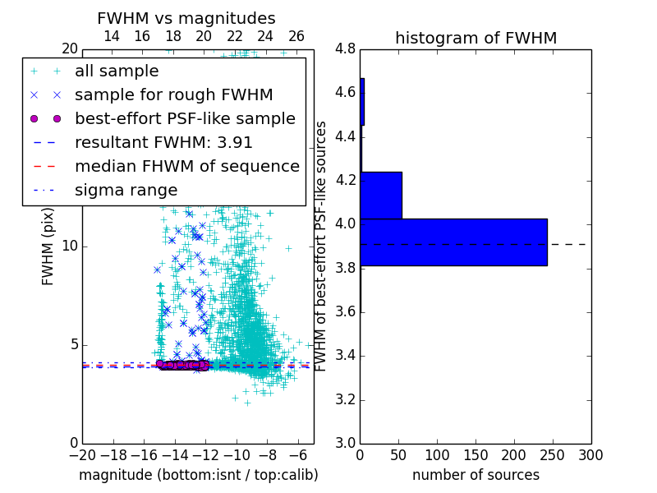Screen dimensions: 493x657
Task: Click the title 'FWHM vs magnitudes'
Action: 186,18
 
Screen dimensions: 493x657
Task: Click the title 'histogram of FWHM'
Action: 476,38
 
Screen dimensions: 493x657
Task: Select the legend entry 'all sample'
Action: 117,71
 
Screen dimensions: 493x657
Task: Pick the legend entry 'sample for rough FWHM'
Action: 173,94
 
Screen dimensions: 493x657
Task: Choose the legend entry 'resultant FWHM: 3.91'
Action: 163,142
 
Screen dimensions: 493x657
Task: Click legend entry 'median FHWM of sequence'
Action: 186,166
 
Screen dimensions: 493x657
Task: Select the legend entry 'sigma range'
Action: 126,190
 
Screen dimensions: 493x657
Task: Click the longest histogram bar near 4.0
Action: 453,242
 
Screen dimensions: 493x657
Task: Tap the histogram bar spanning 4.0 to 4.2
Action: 381,195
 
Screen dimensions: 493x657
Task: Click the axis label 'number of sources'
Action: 476,475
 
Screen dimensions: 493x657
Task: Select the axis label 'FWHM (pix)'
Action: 48,246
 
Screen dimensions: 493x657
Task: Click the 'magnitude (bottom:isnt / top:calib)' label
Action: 198,475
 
